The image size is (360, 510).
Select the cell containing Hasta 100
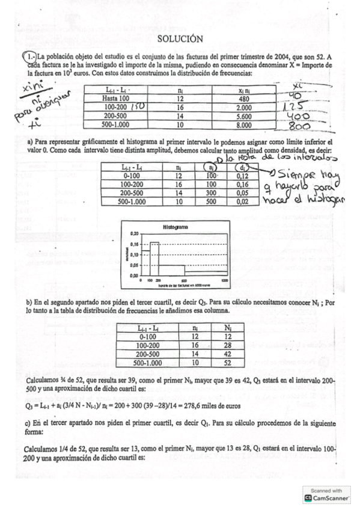116,99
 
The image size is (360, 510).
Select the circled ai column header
210,167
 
